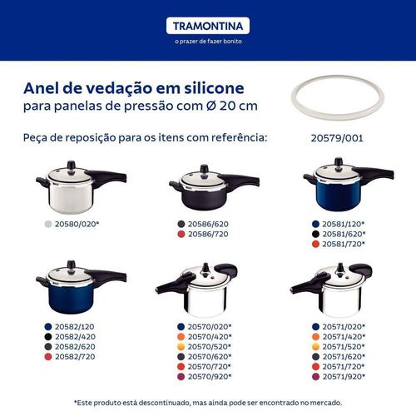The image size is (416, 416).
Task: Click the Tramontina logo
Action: [208, 26]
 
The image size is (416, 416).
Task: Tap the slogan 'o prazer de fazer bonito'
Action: [208, 42]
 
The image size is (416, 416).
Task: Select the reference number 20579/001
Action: [337, 138]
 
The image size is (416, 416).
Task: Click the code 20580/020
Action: [75, 224]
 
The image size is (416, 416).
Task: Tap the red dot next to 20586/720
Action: [181, 234]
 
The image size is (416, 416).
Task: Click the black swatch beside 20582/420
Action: [48, 337]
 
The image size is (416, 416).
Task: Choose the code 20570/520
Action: [208, 347]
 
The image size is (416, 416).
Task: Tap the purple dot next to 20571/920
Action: [315, 377]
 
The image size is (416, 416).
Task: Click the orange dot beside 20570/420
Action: [181, 337]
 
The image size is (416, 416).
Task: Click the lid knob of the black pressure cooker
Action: [205, 169]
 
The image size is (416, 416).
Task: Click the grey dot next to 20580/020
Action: [48, 224]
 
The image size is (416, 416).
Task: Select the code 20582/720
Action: [75, 357]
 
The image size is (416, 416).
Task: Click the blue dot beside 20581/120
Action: [315, 224]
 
